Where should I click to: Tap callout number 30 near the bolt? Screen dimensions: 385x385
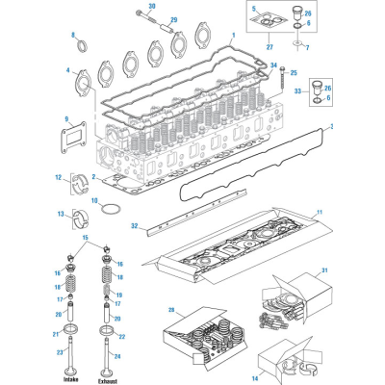(152, 6)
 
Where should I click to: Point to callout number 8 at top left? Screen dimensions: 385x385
(72, 36)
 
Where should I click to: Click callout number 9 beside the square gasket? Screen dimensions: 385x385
(66, 119)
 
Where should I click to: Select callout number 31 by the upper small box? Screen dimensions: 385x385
(324, 269)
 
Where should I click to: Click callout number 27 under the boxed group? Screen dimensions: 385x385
(269, 45)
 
